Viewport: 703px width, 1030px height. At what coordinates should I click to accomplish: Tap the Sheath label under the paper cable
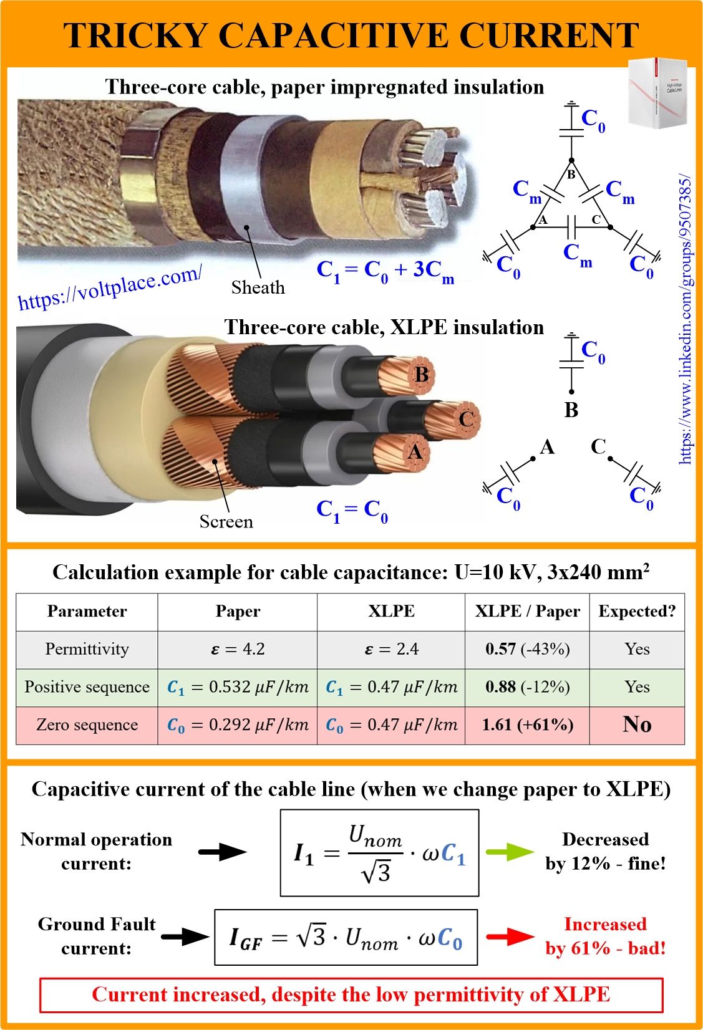(x=258, y=287)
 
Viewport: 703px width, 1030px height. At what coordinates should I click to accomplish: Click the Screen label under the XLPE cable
(x=226, y=521)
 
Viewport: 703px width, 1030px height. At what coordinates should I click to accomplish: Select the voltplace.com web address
(x=110, y=288)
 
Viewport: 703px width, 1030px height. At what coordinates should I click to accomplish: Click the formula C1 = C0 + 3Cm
(x=385, y=272)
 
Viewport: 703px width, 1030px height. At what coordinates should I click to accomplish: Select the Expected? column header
(x=638, y=611)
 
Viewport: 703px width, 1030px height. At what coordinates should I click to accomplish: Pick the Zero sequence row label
(x=87, y=724)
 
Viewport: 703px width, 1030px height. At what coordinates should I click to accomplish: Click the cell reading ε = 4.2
(x=238, y=649)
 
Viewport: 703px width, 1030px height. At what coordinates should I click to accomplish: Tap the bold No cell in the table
(x=638, y=724)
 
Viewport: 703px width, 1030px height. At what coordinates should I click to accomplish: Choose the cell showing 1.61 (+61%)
(x=528, y=724)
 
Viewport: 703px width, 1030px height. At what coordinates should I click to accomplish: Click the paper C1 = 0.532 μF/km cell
(x=238, y=687)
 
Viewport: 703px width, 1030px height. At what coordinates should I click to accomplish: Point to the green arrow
(x=510, y=852)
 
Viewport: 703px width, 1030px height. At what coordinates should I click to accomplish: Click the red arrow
(x=510, y=936)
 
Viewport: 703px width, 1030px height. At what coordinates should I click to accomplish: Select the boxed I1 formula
(x=379, y=854)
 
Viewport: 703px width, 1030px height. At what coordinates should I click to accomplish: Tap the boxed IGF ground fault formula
(x=346, y=937)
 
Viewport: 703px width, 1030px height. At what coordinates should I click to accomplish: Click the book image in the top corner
(x=657, y=92)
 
